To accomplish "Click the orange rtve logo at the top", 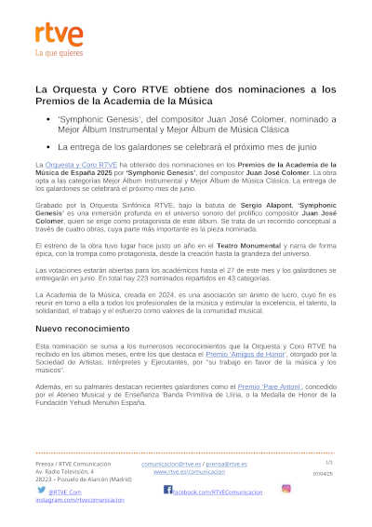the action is tap(59, 34).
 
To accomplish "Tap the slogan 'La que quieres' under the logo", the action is tap(58, 52).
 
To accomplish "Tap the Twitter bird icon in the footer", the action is tap(42, 489).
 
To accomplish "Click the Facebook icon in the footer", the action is tap(167, 489).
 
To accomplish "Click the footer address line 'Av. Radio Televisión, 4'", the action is tap(66, 472).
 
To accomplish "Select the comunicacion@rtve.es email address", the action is tap(171, 464).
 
